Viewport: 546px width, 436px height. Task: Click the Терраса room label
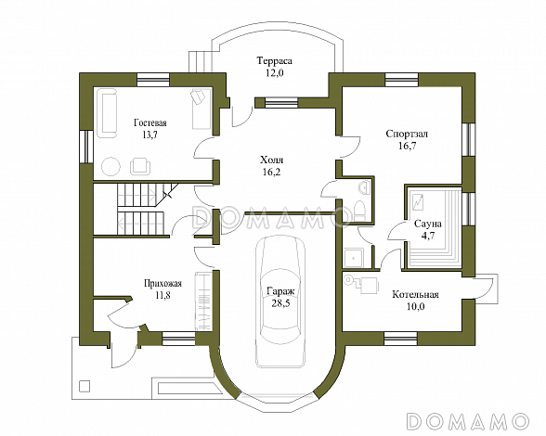coord(275,61)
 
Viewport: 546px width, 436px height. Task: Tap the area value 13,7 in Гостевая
coord(150,135)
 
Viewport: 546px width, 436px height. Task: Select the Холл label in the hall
coord(271,160)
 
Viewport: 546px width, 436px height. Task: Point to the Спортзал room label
coord(407,134)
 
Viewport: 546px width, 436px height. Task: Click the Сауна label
coord(427,224)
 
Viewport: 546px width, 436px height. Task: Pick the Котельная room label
coord(415,295)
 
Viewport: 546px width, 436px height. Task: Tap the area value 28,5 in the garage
coord(280,303)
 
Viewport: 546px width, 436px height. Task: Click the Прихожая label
coord(163,284)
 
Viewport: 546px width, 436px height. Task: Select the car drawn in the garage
coord(279,301)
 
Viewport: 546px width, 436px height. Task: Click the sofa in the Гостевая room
coord(108,113)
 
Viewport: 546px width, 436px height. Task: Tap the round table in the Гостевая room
coord(111,166)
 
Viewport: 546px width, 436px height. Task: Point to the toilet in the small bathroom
coord(358,210)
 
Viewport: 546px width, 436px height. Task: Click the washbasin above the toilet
coord(363,187)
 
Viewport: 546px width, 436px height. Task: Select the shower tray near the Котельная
coord(354,258)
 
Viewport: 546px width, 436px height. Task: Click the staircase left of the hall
coord(141,210)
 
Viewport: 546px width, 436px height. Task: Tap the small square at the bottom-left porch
coord(84,386)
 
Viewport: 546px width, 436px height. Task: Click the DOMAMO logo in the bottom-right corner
coord(468,420)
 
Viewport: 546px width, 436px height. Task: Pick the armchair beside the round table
coord(140,166)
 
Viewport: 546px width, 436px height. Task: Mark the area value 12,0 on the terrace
coord(274,73)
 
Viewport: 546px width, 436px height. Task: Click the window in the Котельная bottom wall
coord(400,338)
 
